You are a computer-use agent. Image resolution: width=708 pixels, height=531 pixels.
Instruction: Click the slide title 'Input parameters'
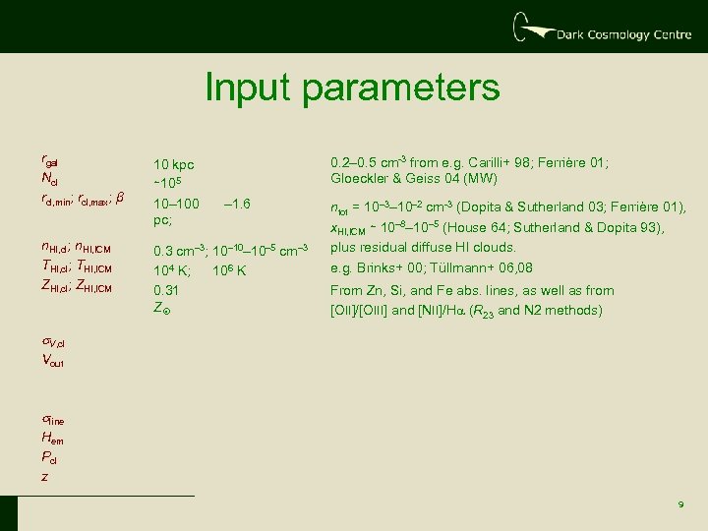point(352,88)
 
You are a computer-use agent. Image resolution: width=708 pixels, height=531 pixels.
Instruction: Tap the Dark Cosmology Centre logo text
point(621,35)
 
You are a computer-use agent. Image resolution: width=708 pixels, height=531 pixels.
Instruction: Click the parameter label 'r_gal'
point(51,159)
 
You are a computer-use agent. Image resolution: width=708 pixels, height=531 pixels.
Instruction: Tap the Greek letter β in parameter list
point(120,197)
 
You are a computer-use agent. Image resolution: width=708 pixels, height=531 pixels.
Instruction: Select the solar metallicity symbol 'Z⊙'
point(162,308)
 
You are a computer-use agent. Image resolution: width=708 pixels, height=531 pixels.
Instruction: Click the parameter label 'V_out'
point(53,361)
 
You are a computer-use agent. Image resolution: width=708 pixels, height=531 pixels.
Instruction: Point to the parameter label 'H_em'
point(52,440)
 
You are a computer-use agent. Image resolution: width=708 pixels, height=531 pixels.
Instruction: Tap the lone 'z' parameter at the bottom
point(43,476)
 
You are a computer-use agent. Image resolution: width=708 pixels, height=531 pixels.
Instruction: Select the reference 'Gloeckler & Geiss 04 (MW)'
point(414,178)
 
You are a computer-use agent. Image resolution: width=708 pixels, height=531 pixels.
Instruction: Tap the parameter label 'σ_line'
point(53,422)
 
